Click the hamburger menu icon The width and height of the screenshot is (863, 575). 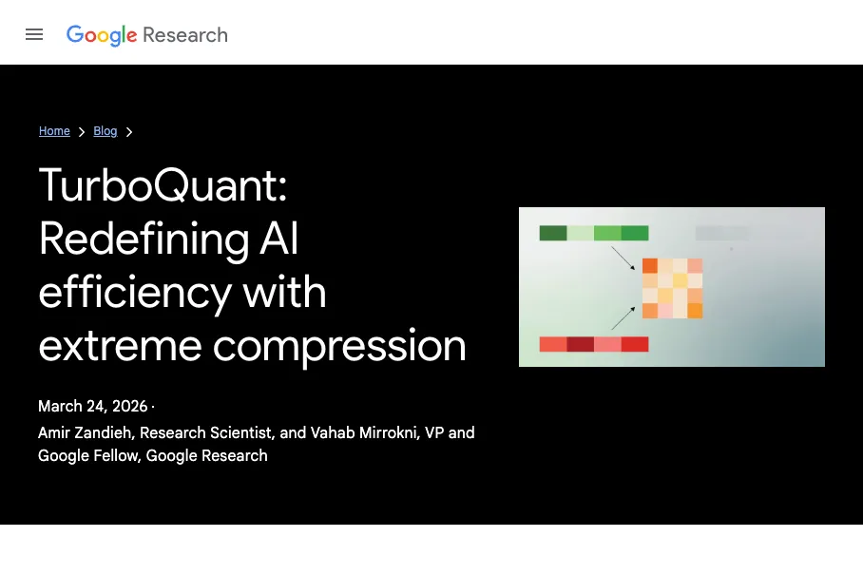(x=34, y=34)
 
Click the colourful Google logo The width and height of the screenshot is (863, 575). (x=102, y=35)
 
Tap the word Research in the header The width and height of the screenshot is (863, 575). (x=185, y=35)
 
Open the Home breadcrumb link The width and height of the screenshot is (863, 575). (x=54, y=131)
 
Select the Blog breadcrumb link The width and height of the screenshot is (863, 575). (x=105, y=131)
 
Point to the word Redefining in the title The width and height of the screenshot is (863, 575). (x=144, y=240)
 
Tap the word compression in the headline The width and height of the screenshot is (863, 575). (x=339, y=347)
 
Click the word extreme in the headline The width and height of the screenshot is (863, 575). (x=120, y=347)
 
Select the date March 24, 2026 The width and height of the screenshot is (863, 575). (x=93, y=406)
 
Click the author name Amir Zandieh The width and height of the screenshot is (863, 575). (x=85, y=432)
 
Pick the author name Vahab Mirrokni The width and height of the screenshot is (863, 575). (x=363, y=432)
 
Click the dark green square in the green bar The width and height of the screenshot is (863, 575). (x=553, y=233)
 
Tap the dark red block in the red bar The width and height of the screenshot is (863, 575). (x=580, y=344)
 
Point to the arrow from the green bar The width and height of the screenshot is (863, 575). (x=623, y=259)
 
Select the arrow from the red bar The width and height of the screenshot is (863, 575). (x=623, y=318)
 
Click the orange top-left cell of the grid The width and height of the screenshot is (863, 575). (x=650, y=266)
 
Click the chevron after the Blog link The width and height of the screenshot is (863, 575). (x=129, y=131)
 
